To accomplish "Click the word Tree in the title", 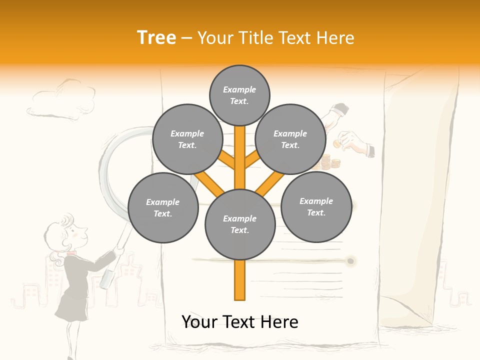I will click(156, 37).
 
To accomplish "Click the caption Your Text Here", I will click(240, 322).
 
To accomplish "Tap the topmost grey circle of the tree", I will click(239, 95).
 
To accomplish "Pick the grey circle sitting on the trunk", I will click(240, 224).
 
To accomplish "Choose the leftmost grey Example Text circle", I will click(163, 208).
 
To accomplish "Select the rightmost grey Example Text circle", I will click(316, 207).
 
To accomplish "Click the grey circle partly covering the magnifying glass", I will click(187, 139).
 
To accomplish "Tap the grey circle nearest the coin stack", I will click(290, 139).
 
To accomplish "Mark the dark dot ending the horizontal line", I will click(351, 261).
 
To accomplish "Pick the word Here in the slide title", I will click(336, 38).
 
